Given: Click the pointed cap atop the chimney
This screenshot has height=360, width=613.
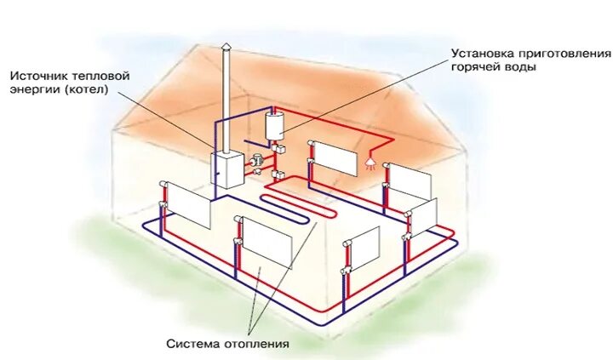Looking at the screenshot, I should tap(226, 48).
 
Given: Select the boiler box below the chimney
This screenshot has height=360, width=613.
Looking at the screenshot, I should tap(227, 171).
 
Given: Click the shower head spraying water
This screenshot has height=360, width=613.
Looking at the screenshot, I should tap(370, 159).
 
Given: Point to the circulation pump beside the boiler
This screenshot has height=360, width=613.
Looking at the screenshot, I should tap(256, 159).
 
